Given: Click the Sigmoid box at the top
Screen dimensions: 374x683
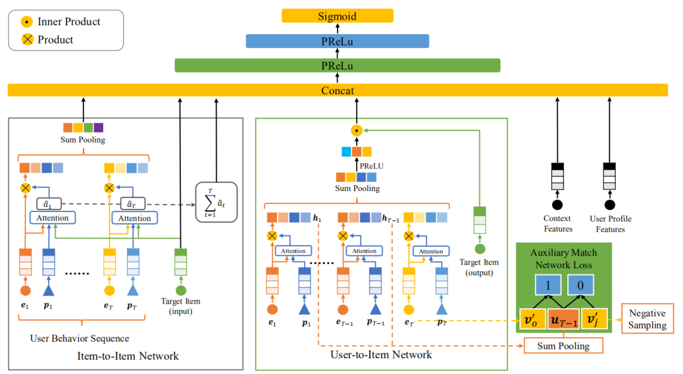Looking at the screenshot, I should pos(337,16).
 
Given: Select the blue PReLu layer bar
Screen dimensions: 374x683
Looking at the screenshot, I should pos(337,42).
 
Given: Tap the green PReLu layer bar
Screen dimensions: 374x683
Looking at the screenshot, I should pos(337,66).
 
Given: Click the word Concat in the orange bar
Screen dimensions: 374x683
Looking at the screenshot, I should pos(337,90).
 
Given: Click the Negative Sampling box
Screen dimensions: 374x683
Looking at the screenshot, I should pos(647,320).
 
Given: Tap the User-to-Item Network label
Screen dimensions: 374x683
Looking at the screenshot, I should pos(381,354).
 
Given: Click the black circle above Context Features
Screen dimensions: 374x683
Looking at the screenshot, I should pos(558,205).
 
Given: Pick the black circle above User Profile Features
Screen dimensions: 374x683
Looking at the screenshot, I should pos(610,205).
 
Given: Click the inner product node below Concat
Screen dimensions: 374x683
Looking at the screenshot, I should pos(357,131).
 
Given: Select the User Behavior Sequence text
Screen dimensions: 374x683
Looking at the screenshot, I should pos(80,339).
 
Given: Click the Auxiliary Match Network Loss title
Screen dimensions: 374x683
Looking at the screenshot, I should pos(563,259).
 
